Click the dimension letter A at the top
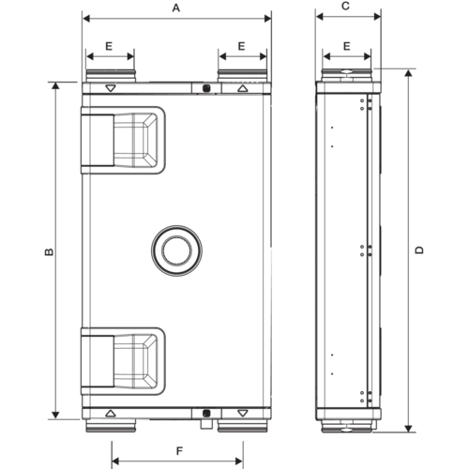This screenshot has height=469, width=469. point(176,7)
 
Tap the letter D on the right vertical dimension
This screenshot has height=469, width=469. point(421,250)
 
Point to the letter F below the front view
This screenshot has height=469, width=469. point(177,451)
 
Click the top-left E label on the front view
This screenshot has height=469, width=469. point(110,45)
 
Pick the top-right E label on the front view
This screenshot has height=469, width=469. point(243,45)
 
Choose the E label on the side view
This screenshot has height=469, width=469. point(347,45)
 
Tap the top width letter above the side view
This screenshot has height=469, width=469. point(347,7)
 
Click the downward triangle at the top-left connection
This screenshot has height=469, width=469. point(111,88)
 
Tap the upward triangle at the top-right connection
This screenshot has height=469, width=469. point(243,88)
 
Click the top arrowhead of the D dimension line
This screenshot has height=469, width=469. point(408,72)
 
